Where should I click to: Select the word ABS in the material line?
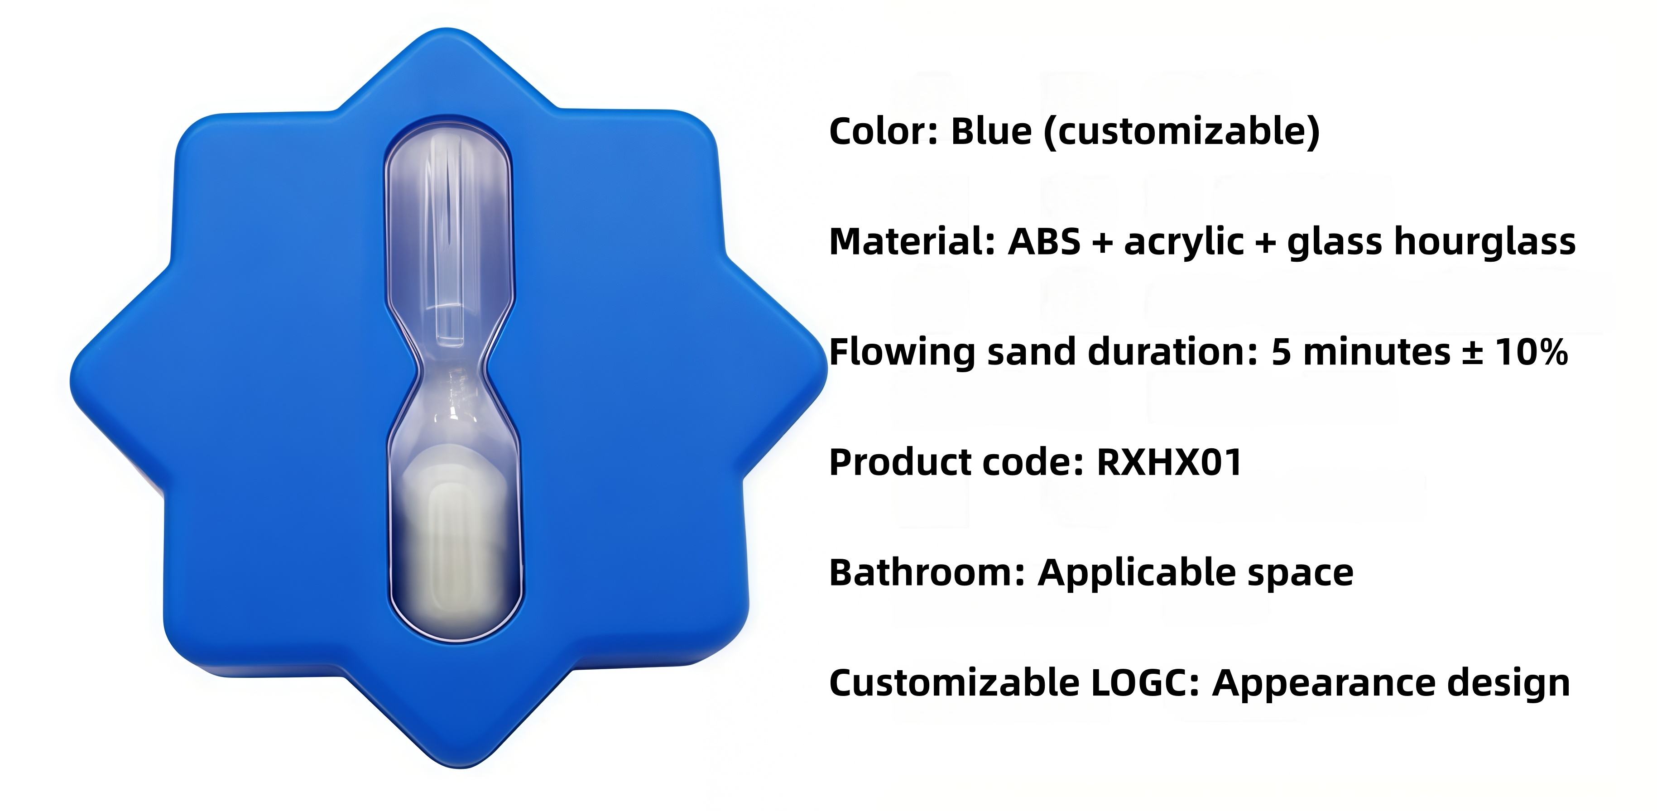point(1043,242)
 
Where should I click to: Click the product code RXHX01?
point(1169,462)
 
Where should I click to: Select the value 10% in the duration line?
point(1531,352)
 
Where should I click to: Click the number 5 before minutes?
point(1281,352)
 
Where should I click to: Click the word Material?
point(912,242)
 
